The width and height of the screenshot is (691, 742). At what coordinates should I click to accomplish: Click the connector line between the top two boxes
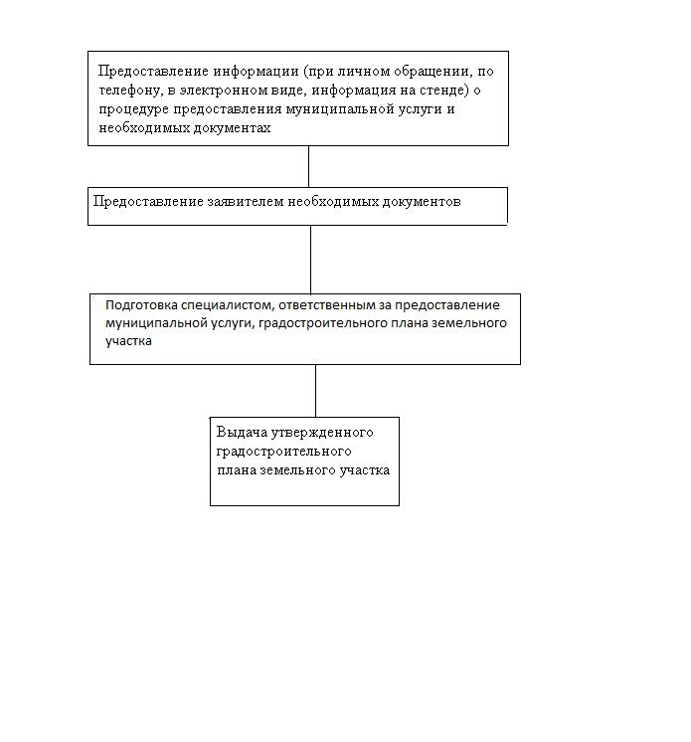point(308,166)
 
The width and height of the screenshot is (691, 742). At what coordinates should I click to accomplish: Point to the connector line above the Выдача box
point(316,390)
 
